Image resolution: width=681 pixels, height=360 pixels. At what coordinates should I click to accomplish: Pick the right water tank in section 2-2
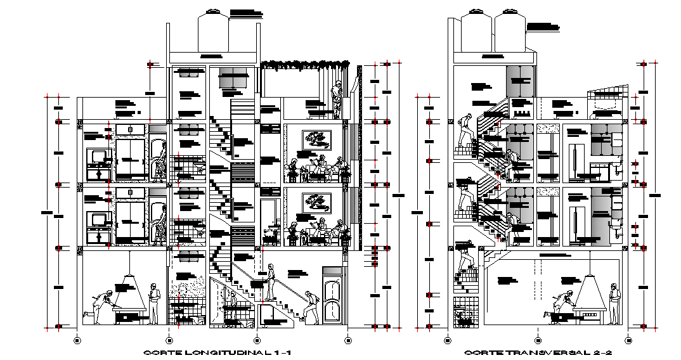[510, 32]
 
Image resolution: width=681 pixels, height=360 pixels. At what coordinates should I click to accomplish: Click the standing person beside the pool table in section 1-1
[153, 302]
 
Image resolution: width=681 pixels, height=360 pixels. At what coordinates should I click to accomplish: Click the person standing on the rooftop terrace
[337, 98]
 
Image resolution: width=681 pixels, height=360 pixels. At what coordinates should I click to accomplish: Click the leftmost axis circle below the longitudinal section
[77, 340]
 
